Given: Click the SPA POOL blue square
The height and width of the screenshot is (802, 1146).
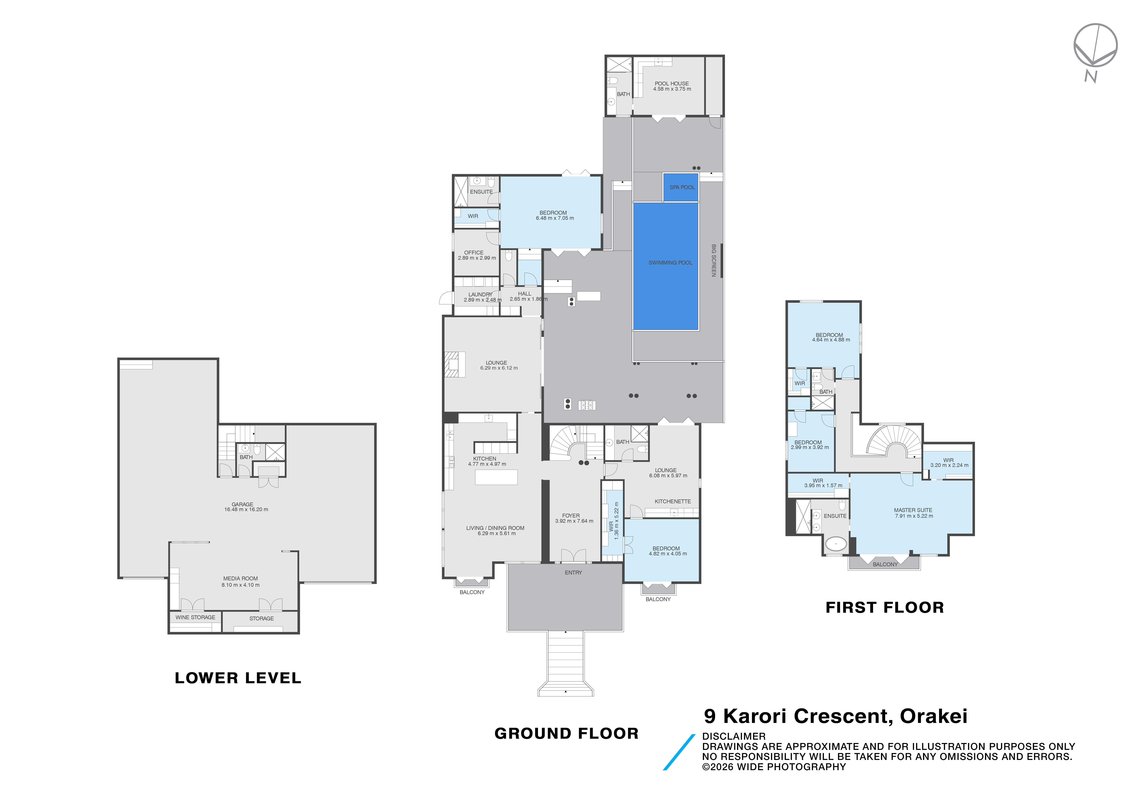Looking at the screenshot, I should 681,187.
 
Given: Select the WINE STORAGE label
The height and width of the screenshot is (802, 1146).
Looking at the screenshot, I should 195,617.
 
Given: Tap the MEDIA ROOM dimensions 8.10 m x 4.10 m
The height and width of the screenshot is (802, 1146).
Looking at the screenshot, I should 241,585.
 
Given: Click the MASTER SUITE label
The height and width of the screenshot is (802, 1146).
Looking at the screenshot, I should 913,510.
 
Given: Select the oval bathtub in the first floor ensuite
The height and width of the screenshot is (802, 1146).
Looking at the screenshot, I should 836,543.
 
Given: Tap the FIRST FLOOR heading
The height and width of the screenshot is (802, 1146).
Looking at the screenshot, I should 884,607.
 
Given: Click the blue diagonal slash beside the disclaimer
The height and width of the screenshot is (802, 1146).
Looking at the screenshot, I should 679,752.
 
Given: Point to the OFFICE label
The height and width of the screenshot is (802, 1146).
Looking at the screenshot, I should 474,252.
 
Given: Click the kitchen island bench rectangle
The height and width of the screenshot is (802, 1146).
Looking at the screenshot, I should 496,477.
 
